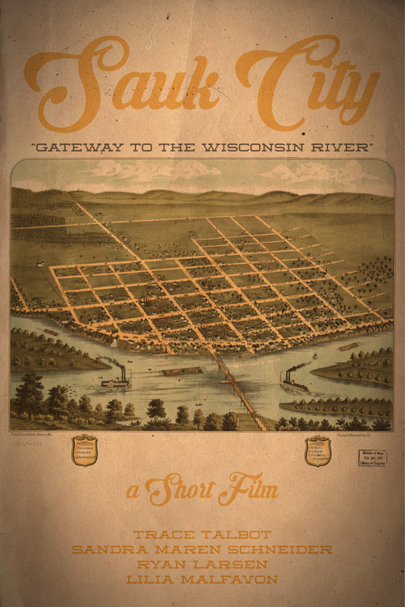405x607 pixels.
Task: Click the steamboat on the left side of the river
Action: [116, 378]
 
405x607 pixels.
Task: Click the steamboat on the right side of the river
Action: [293, 382]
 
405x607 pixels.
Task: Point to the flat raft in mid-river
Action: [182, 371]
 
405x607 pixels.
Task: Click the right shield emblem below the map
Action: [318, 451]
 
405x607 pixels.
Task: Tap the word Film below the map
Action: [252, 490]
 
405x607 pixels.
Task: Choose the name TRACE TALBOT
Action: [202, 535]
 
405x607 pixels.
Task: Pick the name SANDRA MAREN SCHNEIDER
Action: [202, 550]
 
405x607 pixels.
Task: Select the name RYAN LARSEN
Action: [202, 564]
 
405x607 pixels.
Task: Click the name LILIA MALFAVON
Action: [202, 579]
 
